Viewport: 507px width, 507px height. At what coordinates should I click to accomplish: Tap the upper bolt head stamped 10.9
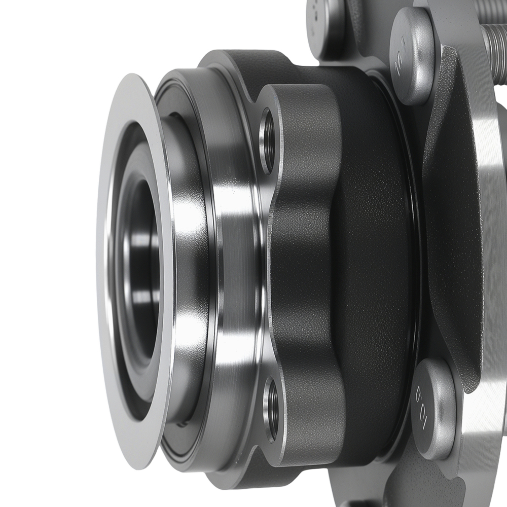click(412, 56)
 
